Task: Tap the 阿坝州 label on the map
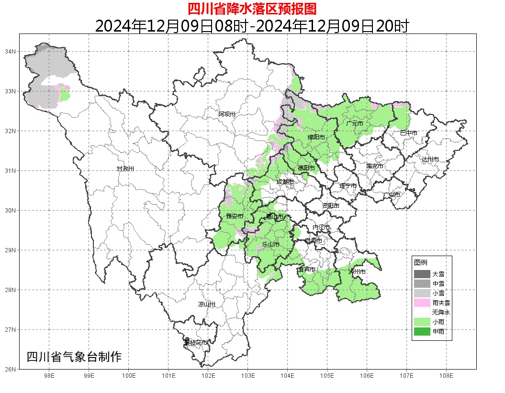click(x=227, y=114)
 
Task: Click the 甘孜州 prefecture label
click(x=125, y=169)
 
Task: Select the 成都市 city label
click(x=285, y=182)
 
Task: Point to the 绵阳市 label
click(x=316, y=137)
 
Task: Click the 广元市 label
click(x=355, y=124)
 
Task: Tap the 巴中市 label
click(x=408, y=133)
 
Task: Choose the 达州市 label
click(x=430, y=159)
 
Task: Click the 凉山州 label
click(x=207, y=304)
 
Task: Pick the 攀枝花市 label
click(x=196, y=343)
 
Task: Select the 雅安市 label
click(x=235, y=216)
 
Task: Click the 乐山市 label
click(x=270, y=245)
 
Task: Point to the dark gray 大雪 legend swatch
click(x=422, y=274)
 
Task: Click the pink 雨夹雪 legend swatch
click(x=422, y=303)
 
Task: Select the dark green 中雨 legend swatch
click(x=422, y=331)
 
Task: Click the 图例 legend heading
click(x=421, y=263)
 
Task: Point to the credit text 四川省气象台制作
click(x=74, y=357)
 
